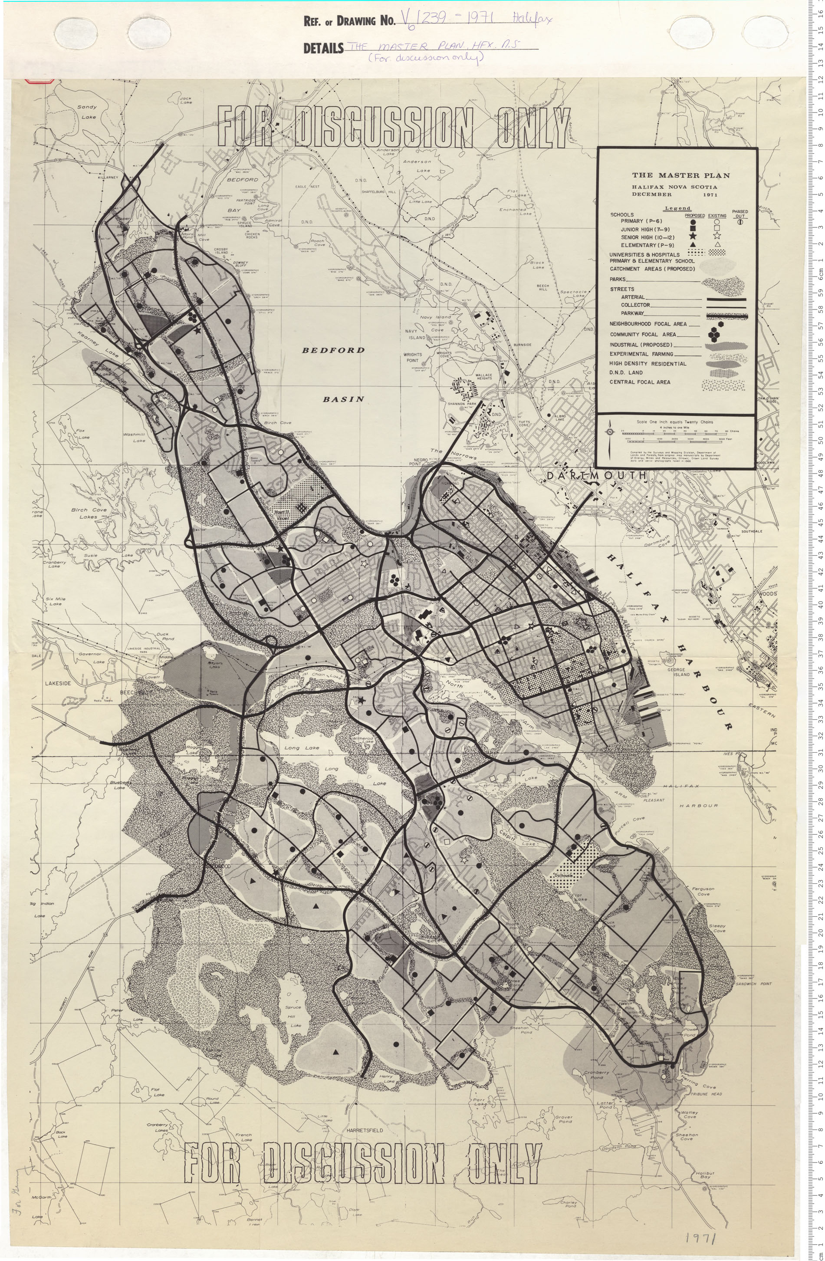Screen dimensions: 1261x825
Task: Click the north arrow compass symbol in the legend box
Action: tap(611, 432)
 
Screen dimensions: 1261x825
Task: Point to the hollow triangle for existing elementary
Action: tap(717, 245)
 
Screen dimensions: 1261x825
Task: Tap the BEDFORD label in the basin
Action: tap(333, 350)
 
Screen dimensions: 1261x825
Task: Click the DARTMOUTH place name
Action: tap(596, 476)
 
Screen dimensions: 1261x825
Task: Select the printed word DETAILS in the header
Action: tap(323, 49)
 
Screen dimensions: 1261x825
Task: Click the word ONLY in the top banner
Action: tap(533, 127)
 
